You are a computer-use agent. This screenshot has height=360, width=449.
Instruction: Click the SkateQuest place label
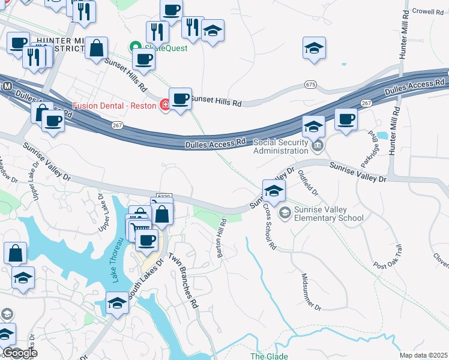164,48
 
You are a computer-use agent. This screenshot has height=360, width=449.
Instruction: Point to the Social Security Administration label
284,147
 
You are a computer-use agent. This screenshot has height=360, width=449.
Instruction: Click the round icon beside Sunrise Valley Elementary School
285,212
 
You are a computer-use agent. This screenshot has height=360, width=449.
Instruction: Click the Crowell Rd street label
427,11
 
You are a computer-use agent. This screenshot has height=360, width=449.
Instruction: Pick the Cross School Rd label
270,228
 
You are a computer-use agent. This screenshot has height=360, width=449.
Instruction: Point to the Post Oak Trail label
387,256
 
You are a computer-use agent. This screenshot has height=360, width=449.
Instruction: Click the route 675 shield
310,85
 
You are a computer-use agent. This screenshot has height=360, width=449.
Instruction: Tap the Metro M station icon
7,86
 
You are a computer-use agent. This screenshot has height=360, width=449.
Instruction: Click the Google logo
20,353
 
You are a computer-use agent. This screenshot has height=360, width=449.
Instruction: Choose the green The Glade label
269,356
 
